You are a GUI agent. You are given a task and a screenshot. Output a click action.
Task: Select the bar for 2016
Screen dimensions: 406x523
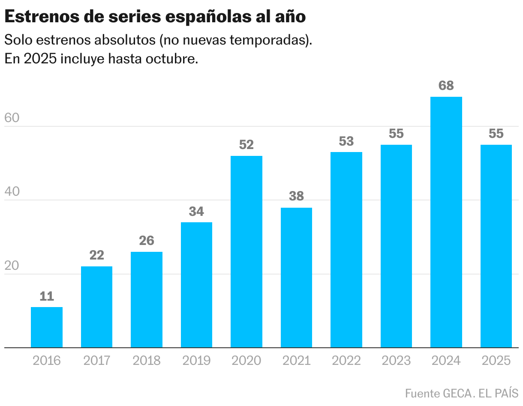47,327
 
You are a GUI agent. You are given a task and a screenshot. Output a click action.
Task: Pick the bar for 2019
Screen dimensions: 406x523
196,285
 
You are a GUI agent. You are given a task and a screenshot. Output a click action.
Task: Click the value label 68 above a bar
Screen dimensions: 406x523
446,86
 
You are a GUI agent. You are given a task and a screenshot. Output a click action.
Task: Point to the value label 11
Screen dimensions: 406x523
47,296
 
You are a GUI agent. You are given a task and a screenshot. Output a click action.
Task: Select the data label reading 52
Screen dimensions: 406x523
246,145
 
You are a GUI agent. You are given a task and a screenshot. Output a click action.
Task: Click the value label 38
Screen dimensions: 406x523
296,196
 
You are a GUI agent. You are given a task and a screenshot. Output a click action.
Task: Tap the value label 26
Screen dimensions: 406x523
147,241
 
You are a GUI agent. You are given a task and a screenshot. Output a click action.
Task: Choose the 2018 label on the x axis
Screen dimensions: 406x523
147,361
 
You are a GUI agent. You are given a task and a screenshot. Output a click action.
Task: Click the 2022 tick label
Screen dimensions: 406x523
346,361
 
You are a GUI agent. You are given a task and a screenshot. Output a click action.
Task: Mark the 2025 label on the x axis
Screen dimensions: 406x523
496,361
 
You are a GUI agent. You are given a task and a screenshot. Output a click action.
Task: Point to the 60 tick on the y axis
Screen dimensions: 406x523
12,118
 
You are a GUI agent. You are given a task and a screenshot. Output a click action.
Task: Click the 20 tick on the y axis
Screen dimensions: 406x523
12,266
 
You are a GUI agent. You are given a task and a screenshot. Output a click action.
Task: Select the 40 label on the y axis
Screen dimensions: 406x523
12,192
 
